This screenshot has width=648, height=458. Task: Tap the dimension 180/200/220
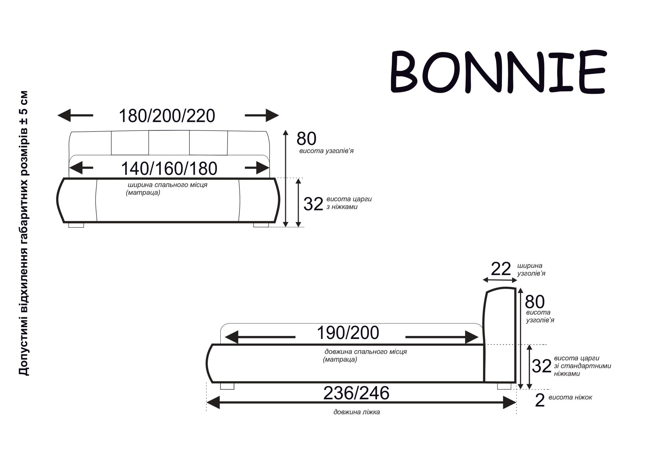[x=167, y=116]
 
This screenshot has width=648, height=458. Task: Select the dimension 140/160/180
[x=169, y=169]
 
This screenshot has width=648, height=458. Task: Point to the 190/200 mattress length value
[x=348, y=333]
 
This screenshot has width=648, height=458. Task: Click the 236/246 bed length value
[x=356, y=393]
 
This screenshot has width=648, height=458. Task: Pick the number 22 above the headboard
[x=501, y=269]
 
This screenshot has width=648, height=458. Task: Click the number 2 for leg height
[x=540, y=400]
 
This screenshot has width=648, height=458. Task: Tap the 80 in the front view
[x=306, y=139]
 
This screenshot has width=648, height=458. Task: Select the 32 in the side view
[x=541, y=366]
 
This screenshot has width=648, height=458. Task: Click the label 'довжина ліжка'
[x=356, y=412]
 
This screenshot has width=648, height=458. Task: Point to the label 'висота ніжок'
[x=570, y=397]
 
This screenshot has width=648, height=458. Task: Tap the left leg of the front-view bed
[x=76, y=225]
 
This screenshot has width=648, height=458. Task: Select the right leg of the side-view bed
[x=504, y=386]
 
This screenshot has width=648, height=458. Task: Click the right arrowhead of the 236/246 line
[x=509, y=402]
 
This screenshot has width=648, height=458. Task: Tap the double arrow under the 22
[x=500, y=280]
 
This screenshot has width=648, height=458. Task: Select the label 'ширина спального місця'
[x=167, y=185]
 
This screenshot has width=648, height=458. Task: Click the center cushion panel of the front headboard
[x=169, y=142]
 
